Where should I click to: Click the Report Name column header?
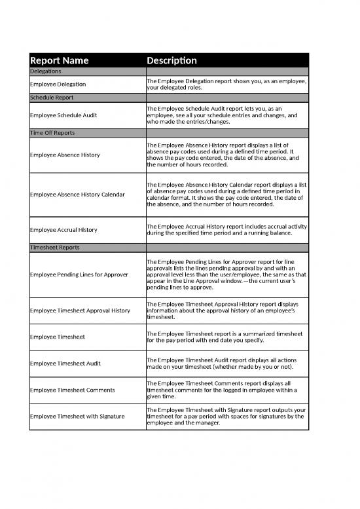60,60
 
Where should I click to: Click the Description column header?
171,60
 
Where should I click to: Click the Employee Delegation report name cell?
62,85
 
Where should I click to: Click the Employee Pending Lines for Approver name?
79,274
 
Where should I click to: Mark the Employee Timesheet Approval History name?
80,311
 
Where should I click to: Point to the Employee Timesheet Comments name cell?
72,390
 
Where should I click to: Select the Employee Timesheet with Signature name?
77,417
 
